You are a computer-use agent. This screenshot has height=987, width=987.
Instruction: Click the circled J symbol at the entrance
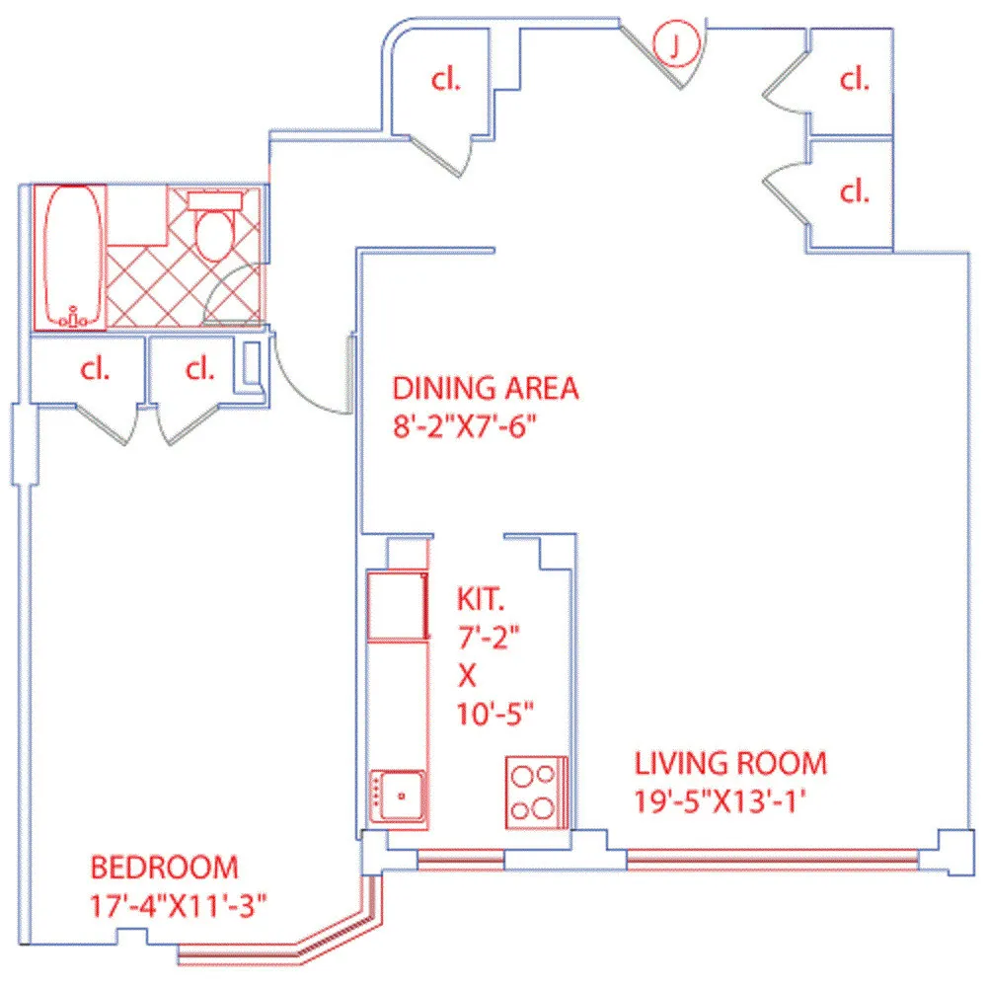tap(676, 43)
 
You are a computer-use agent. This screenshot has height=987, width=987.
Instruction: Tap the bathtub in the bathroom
tap(70, 256)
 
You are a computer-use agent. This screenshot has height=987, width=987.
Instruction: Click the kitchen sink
tap(398, 795)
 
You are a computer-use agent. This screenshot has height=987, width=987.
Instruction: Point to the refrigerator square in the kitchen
tap(397, 605)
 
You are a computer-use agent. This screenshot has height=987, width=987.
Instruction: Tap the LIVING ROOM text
tap(730, 763)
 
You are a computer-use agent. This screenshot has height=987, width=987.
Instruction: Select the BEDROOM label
tap(164, 868)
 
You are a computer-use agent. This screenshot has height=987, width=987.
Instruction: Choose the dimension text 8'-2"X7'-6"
tap(469, 428)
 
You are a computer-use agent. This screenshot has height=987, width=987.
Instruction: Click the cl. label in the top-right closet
tap(853, 81)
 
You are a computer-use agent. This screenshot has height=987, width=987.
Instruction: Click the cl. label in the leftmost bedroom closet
tap(94, 369)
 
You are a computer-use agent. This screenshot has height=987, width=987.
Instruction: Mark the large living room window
tap(771, 860)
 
